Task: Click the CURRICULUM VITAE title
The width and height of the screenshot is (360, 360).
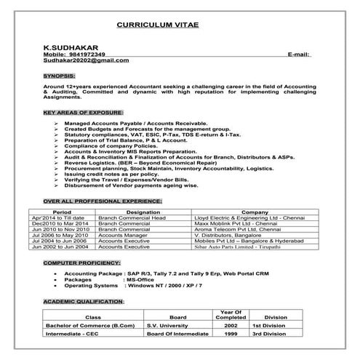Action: click(158, 23)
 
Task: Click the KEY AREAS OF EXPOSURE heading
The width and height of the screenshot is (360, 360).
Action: click(83, 113)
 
